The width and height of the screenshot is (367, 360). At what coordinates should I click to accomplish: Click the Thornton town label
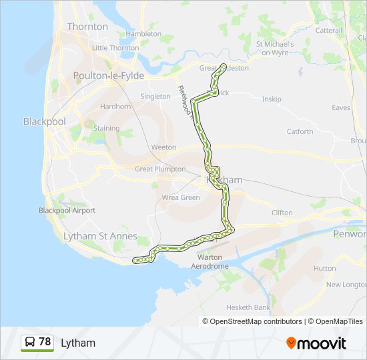(x=87, y=27)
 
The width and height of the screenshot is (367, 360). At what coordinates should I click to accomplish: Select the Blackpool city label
(x=44, y=121)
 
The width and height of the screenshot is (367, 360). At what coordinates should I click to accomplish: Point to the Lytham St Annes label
(x=99, y=236)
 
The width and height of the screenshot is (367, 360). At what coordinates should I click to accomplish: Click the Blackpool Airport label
(x=67, y=211)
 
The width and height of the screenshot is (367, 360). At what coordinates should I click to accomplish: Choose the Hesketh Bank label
(x=248, y=307)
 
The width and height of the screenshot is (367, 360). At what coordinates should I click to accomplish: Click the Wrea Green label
(x=181, y=198)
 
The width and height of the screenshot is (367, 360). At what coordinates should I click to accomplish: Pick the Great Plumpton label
(x=160, y=169)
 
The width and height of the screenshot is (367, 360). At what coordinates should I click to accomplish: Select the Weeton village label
(x=163, y=147)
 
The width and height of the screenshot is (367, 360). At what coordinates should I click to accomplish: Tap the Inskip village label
(x=272, y=99)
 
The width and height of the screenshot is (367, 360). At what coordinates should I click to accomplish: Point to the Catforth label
(x=300, y=131)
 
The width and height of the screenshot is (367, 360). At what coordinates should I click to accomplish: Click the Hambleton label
(x=143, y=33)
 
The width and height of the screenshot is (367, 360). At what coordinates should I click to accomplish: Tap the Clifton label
(x=282, y=213)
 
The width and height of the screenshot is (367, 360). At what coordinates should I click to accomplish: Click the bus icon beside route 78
(x=30, y=343)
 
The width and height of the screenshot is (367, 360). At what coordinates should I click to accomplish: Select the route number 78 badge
(x=37, y=343)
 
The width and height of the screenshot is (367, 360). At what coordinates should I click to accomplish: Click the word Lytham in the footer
(x=78, y=343)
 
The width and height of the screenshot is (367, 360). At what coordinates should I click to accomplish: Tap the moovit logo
(x=316, y=343)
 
